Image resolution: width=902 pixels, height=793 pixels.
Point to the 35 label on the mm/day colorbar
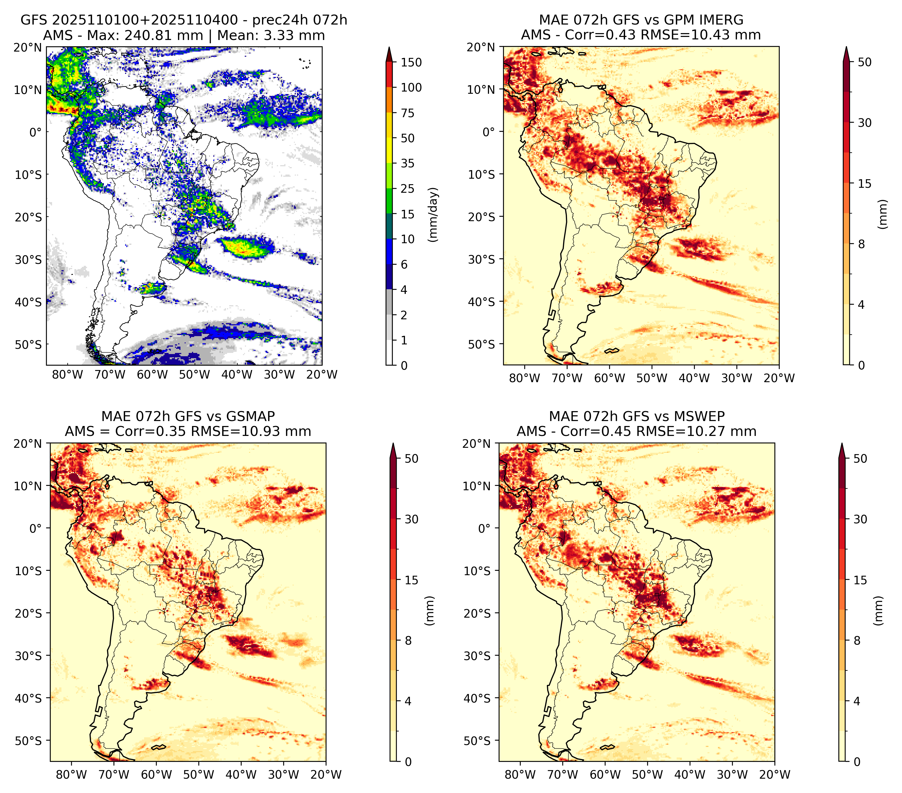tap(408, 163)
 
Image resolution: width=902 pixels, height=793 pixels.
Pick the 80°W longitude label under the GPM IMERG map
tap(525, 378)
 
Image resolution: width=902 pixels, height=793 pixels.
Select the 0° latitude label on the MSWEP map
tap(484, 528)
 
